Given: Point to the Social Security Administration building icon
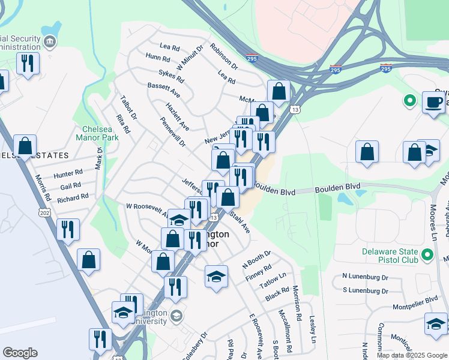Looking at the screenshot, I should [50, 41].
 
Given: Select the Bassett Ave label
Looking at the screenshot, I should [164, 90].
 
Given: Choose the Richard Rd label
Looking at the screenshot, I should [73, 197].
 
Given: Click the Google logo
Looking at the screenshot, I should [20, 353].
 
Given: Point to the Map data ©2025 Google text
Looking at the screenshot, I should [411, 355].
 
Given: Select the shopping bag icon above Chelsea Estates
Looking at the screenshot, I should [25, 146].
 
